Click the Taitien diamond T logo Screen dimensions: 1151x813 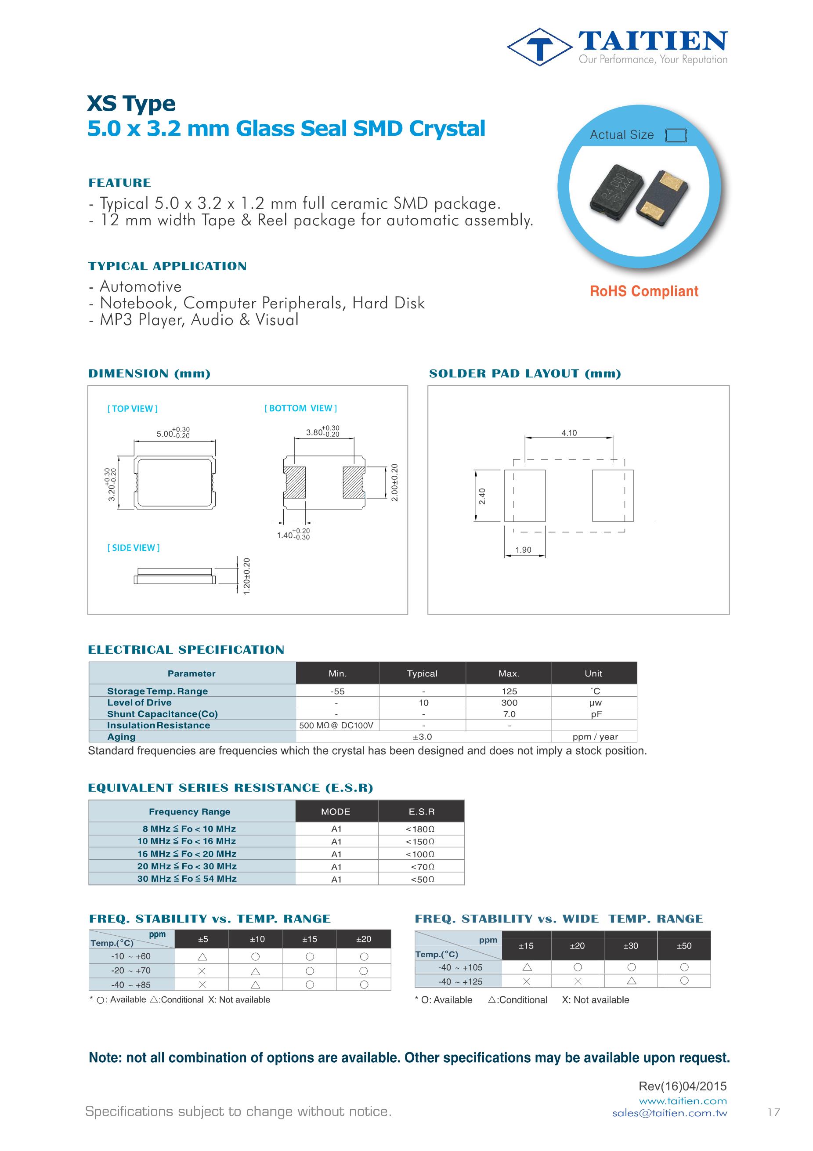tap(539, 47)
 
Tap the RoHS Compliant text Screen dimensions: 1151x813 tap(643, 291)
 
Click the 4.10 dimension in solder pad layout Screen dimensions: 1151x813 tap(569, 433)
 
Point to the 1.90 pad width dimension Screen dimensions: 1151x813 tap(523, 550)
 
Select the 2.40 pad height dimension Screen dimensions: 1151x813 tap(482, 496)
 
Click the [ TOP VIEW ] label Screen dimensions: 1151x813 tap(132, 409)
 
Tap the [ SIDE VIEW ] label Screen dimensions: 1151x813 tap(134, 548)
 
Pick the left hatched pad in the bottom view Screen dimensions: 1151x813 tap(294, 483)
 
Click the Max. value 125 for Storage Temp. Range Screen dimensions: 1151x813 tap(509, 691)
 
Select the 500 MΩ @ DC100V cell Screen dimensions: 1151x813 tap(336, 725)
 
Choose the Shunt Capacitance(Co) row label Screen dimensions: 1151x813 tap(163, 714)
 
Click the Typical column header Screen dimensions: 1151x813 tap(422, 674)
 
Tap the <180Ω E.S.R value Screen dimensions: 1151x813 tap(420, 829)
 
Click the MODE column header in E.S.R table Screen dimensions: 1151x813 tap(336, 811)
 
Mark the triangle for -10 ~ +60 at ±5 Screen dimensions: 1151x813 tap(202, 956)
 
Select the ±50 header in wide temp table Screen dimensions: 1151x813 tap(684, 946)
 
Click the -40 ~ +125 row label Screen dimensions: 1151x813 tap(460, 981)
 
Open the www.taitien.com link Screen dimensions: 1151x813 tap(683, 1101)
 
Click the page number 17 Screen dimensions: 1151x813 tap(773, 1112)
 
